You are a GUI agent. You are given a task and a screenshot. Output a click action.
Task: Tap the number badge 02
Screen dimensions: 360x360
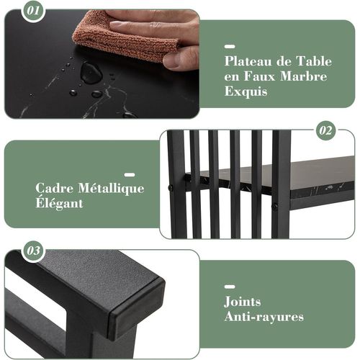pos(326,131)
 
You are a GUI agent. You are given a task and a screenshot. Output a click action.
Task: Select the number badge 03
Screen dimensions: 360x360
pos(33,251)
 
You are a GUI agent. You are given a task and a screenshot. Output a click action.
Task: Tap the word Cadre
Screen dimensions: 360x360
pos(55,189)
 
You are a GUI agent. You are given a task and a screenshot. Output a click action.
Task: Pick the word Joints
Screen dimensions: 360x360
pos(242,302)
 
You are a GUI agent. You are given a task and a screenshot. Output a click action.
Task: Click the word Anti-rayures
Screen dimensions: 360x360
pos(264,317)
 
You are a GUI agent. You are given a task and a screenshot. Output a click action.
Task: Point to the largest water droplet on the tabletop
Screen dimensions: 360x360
pos(91,72)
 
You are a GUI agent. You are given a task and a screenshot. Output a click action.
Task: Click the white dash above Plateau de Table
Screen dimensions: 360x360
pos(230,45)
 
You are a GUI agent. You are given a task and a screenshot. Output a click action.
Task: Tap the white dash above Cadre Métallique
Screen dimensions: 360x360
pos(130,174)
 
